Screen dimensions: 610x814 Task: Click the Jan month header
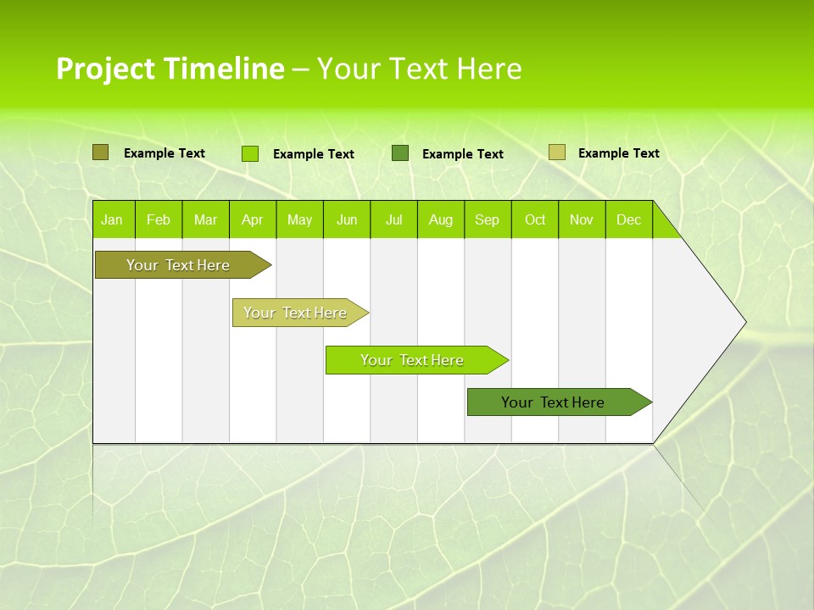[x=113, y=219]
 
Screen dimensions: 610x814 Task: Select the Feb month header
[x=159, y=219]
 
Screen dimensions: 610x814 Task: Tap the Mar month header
[x=205, y=219]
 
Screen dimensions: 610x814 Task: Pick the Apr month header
[x=253, y=219]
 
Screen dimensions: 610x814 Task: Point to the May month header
[x=299, y=219]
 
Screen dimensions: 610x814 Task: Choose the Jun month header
[x=347, y=219]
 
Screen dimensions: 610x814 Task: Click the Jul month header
[x=393, y=219]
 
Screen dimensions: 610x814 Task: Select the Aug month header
[x=441, y=219]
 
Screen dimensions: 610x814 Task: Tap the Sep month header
[x=488, y=219]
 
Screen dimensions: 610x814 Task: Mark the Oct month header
[x=535, y=219]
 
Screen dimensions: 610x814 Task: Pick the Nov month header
[x=582, y=219]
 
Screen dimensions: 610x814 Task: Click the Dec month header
[x=629, y=219]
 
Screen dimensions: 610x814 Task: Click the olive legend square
[x=101, y=152]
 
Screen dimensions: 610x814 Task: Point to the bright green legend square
[x=250, y=153]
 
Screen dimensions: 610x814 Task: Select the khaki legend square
[x=556, y=152]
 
